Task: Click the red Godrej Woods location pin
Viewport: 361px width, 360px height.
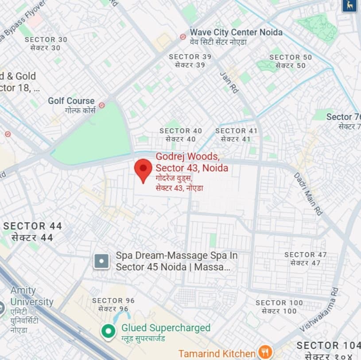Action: (x=143, y=169)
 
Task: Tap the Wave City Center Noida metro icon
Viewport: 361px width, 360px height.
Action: (x=183, y=37)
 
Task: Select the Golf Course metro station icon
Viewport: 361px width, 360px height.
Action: (x=102, y=106)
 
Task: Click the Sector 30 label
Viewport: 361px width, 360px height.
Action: (x=46, y=43)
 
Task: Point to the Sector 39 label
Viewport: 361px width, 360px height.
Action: (x=190, y=61)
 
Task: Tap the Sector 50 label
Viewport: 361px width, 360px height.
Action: (x=291, y=61)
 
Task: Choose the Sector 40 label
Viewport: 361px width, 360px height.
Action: (x=181, y=135)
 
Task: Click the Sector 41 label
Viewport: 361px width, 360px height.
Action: (x=236, y=135)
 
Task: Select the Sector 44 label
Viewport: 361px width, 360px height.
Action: (x=32, y=231)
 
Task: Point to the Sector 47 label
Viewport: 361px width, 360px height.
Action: (x=306, y=258)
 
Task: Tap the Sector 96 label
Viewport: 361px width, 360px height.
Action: (x=113, y=305)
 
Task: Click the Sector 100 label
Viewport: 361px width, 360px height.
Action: (x=279, y=307)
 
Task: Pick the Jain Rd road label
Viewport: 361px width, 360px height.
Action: (x=229, y=82)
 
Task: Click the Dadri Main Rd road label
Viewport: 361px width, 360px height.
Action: (x=308, y=194)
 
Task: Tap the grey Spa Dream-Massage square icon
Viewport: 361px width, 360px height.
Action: (x=101, y=261)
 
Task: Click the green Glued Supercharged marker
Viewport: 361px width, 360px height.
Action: (x=108, y=331)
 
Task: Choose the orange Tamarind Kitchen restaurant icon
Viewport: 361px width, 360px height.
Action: (x=265, y=352)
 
